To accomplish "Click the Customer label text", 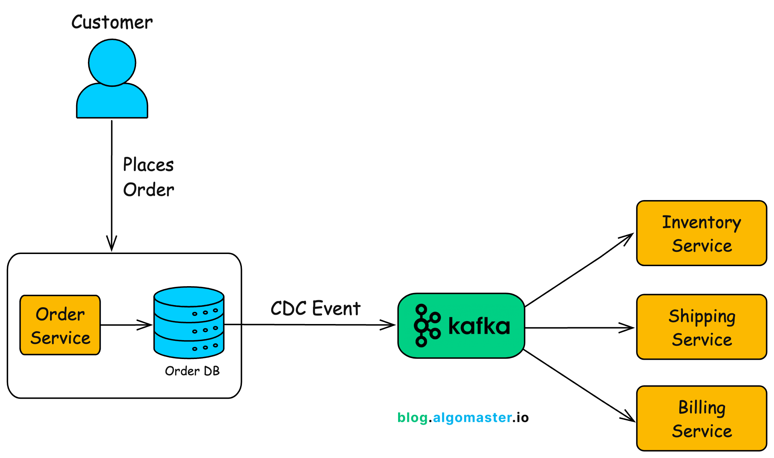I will [x=112, y=23].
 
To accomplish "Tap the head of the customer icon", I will [x=112, y=63].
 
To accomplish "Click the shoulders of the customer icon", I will [x=112, y=102].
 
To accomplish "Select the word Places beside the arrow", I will [x=148, y=165].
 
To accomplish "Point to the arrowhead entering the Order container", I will [x=111, y=245].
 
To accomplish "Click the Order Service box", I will [x=60, y=325].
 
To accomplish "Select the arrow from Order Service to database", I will [x=125, y=325].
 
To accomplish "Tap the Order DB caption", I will [x=192, y=371].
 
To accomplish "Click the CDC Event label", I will [x=315, y=308].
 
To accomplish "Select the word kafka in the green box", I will [x=479, y=326].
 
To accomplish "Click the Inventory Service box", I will [x=701, y=233].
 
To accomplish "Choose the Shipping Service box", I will [x=701, y=327].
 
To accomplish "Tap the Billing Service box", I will [x=701, y=418].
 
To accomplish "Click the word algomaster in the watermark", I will [x=472, y=417].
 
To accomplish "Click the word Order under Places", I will [x=148, y=190].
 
